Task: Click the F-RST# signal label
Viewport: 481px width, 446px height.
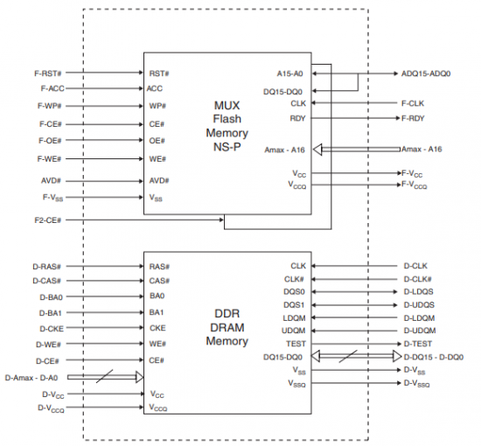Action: coord(48,73)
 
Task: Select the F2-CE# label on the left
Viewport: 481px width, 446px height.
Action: coord(48,220)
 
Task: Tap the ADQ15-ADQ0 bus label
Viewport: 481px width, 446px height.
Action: coord(426,73)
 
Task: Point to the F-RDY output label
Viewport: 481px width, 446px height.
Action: coord(413,118)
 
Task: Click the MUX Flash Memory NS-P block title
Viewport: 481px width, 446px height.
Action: coord(227,126)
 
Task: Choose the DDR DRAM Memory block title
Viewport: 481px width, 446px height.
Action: coord(227,327)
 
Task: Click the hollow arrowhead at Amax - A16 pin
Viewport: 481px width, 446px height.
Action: coord(317,150)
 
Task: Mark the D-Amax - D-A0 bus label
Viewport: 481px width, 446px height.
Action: coord(31,378)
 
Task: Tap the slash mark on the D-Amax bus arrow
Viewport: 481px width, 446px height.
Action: coord(104,376)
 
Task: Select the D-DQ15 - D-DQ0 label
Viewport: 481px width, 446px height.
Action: coord(434,357)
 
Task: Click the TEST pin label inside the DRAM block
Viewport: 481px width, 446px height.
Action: coord(296,344)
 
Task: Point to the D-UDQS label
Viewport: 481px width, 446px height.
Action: coord(419,305)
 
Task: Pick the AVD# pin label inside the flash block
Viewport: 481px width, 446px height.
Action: coord(159,181)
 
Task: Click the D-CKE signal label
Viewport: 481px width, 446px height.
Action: coord(52,329)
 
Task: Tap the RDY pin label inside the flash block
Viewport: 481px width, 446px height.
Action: coord(297,118)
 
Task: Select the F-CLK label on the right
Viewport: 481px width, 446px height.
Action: coord(413,103)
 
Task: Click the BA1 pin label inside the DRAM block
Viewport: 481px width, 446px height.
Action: coord(157,312)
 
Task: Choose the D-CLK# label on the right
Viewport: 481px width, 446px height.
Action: coord(417,279)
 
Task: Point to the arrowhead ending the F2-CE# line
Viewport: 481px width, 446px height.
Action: coord(221,220)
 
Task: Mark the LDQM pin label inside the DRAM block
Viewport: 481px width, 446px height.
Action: coord(294,318)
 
